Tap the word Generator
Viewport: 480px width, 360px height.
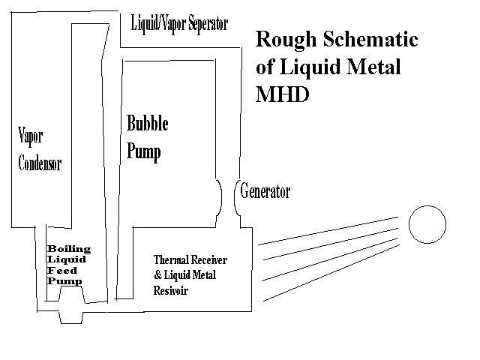(x=265, y=191)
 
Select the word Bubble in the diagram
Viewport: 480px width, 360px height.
(x=147, y=124)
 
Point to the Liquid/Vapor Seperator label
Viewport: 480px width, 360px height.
(x=179, y=23)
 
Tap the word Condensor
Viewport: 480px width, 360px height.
(x=39, y=163)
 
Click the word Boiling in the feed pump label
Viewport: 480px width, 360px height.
(x=69, y=249)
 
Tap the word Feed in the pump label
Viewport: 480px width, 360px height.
(x=61, y=270)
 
